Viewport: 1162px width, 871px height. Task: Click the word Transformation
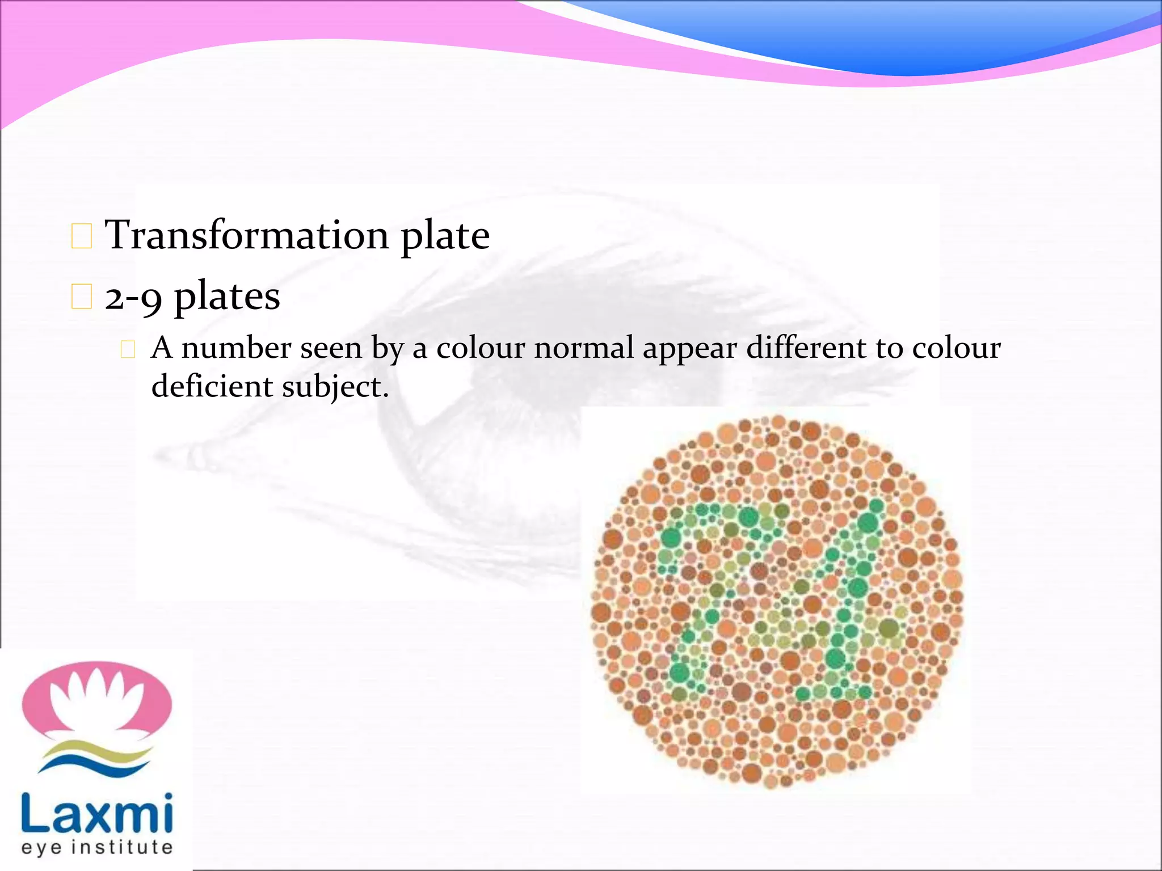click(x=247, y=235)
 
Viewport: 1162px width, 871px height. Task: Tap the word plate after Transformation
click(x=445, y=237)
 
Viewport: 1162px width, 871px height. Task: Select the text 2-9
click(x=133, y=297)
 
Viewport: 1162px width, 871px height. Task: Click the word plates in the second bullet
click(x=226, y=297)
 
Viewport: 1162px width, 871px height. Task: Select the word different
click(x=806, y=348)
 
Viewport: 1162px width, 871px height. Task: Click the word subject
click(x=335, y=388)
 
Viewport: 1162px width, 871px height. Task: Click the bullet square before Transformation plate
click(x=82, y=236)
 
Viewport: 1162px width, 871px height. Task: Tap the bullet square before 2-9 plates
click(x=82, y=297)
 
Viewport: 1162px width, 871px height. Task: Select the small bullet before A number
click(x=128, y=349)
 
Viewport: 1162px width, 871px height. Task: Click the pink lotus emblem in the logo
click(x=97, y=701)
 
